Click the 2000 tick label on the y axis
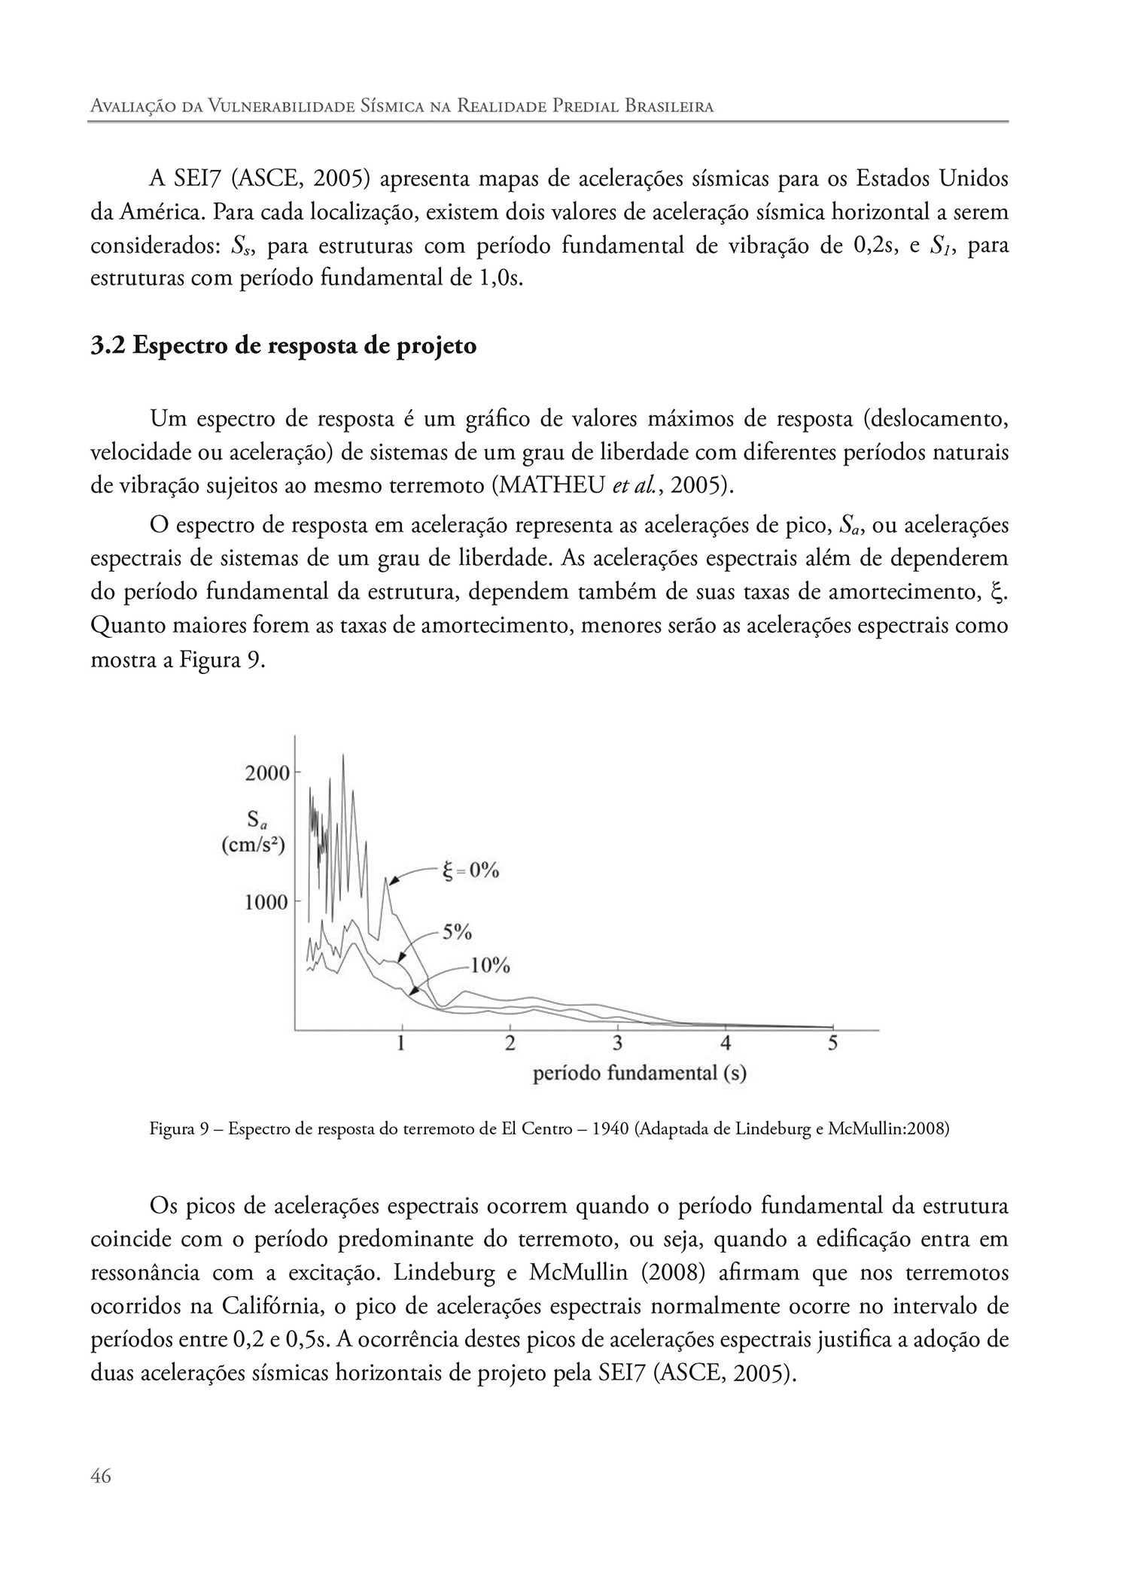coord(267,773)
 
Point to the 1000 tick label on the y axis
coord(267,901)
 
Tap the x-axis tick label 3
coord(617,1043)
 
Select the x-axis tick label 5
coord(832,1043)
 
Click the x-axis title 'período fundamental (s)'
coord(639,1073)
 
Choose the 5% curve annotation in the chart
coord(456,933)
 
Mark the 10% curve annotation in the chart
coord(490,965)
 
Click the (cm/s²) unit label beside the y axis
coord(253,844)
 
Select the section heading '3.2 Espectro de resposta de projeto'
coord(283,347)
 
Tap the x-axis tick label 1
coord(402,1043)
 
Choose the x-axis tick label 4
coord(725,1043)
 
